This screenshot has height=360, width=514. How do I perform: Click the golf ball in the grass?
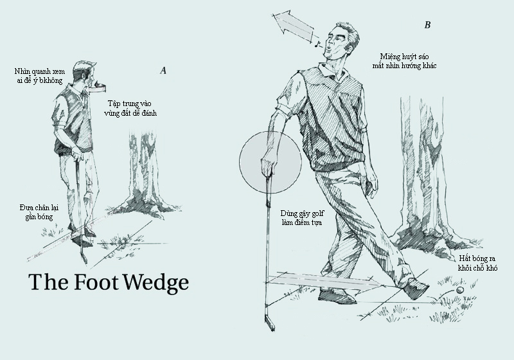[x=460, y=291]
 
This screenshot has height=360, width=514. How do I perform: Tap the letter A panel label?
[x=163, y=71]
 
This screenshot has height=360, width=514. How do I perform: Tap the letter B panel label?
[x=427, y=25]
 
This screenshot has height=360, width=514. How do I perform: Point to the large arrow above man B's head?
[x=294, y=26]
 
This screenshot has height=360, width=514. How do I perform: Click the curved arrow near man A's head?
[x=98, y=87]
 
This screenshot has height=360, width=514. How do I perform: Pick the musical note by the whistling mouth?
[x=316, y=44]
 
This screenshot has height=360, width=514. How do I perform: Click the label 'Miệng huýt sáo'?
[x=404, y=57]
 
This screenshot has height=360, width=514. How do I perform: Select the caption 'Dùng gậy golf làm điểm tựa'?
[x=302, y=218]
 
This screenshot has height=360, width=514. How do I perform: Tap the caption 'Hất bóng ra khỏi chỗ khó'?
[x=477, y=263]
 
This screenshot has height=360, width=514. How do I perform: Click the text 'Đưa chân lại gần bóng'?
[x=39, y=212]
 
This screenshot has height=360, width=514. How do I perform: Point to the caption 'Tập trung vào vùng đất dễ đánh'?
[x=130, y=108]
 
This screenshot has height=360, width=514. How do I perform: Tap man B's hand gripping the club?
[x=267, y=166]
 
